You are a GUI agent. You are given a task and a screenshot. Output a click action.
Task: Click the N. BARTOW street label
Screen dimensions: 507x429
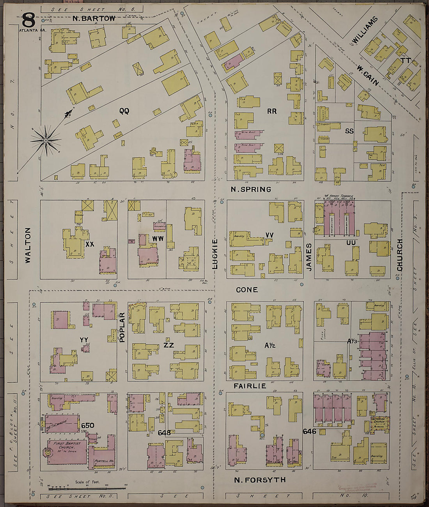pyautogui.click(x=94, y=18)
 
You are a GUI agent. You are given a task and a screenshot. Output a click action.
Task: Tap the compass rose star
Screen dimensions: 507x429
pyautogui.click(x=46, y=140)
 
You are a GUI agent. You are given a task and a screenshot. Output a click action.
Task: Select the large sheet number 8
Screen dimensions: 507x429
pyautogui.click(x=28, y=19)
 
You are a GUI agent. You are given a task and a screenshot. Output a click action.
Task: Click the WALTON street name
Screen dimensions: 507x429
pyautogui.click(x=28, y=240)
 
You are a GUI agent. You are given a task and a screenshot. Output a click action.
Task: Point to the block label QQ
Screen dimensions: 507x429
pyautogui.click(x=124, y=111)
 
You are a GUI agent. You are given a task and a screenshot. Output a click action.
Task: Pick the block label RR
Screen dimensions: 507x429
pyautogui.click(x=272, y=111)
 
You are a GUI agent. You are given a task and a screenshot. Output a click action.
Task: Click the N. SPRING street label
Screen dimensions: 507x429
pyautogui.click(x=251, y=189)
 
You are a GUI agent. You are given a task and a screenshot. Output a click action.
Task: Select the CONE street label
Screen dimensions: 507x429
pyautogui.click(x=247, y=290)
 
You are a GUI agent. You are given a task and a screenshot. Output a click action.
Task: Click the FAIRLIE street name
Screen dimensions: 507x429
pyautogui.click(x=250, y=386)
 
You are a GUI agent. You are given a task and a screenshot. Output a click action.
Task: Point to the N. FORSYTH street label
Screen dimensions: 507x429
pyautogui.click(x=260, y=480)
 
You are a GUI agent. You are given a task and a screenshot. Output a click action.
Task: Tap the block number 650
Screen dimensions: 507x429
pyautogui.click(x=88, y=425)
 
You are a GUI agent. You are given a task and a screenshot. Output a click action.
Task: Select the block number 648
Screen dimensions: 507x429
pyautogui.click(x=165, y=433)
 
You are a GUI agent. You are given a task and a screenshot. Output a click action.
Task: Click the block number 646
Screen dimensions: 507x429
pyautogui.click(x=309, y=431)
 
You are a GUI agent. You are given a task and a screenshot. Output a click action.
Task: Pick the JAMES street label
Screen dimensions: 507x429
pyautogui.click(x=308, y=257)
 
